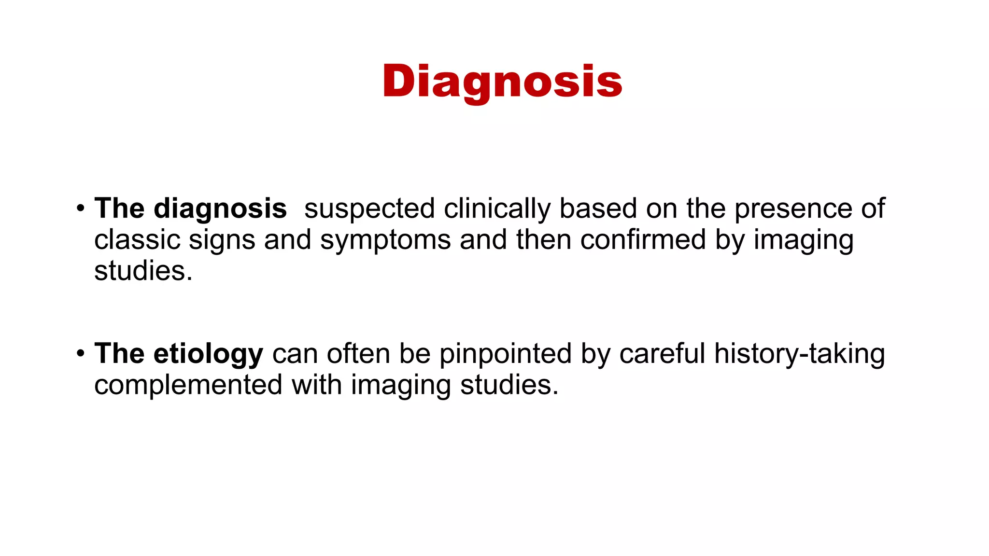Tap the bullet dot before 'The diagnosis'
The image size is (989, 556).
80,209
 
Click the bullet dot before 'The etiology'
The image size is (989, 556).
80,354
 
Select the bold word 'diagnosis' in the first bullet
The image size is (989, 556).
220,209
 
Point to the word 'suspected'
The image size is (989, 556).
369,209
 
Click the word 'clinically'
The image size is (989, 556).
497,209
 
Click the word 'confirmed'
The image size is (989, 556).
643,240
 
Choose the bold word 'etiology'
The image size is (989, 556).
208,354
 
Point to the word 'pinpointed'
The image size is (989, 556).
505,354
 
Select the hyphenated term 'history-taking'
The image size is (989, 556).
800,354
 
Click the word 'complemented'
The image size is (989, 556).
188,386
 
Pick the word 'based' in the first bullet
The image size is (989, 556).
598,209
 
